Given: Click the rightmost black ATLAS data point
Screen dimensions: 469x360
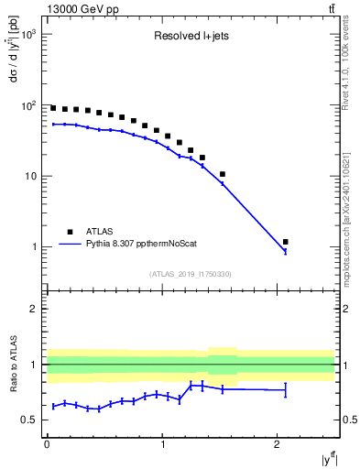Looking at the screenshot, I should coord(286,242).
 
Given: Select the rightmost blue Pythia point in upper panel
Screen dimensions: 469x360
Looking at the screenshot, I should coord(286,251).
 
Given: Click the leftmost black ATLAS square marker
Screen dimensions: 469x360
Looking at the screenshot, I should coord(53,108).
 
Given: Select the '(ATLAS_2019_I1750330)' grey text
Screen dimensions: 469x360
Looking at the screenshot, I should coord(190,274).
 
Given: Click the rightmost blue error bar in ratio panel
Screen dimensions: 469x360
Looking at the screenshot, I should coord(286,390).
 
